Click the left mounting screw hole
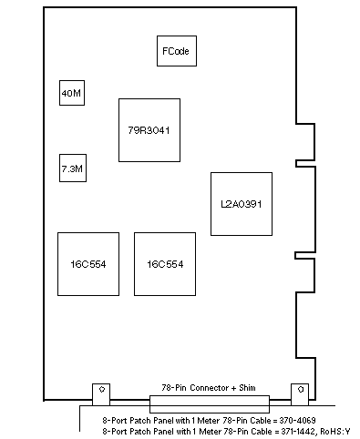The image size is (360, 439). (x=102, y=389)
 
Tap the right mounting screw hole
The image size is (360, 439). (x=301, y=389)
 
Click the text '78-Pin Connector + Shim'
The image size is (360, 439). (x=209, y=388)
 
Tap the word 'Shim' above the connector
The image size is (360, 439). (x=247, y=388)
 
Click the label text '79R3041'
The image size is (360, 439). (x=149, y=130)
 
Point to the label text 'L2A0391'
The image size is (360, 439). (x=242, y=204)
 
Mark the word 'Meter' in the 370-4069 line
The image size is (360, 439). (x=209, y=421)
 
